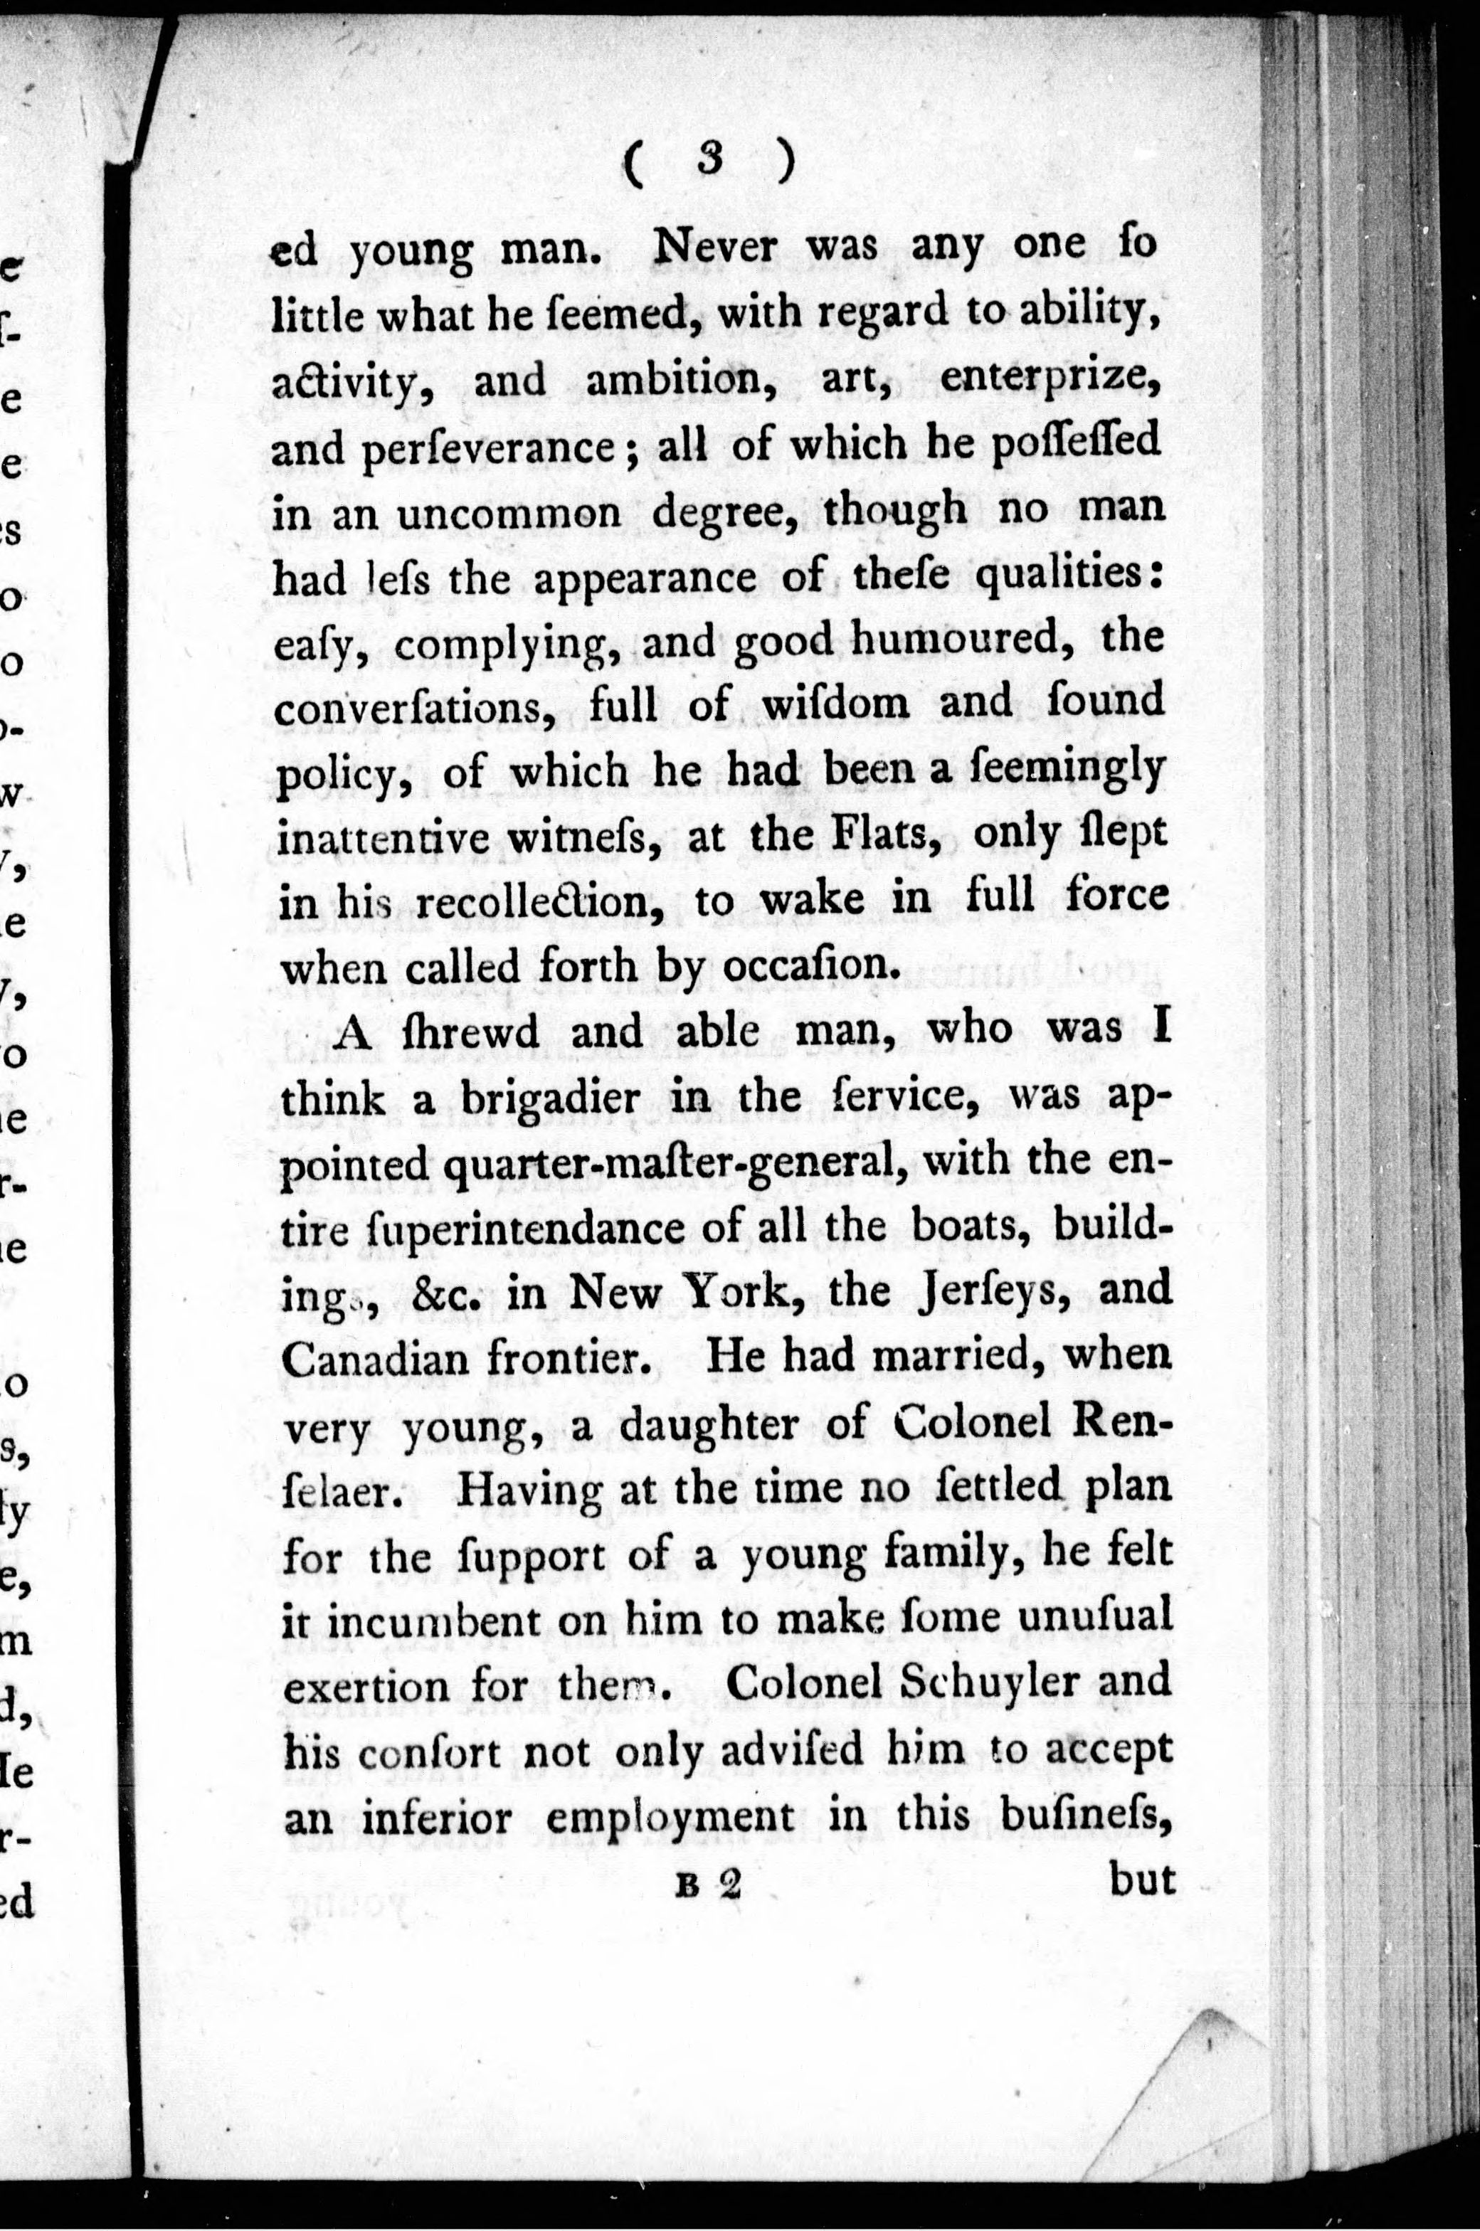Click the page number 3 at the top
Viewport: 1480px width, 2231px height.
tap(710, 163)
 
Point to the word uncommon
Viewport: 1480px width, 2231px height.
tap(509, 512)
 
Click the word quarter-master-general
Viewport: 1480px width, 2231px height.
tap(667, 1162)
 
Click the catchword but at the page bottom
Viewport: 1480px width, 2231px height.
tap(1142, 1878)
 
